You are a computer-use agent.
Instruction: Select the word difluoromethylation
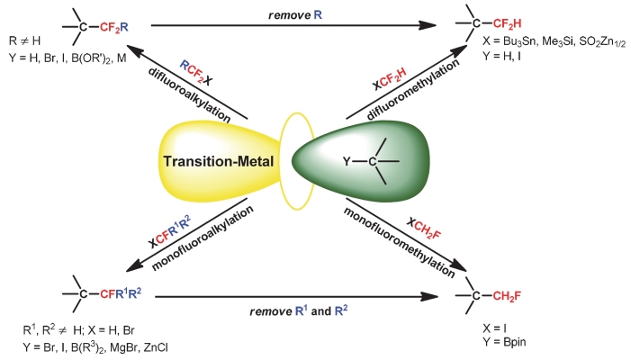(396, 96)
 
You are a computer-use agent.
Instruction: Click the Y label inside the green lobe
(347, 163)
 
